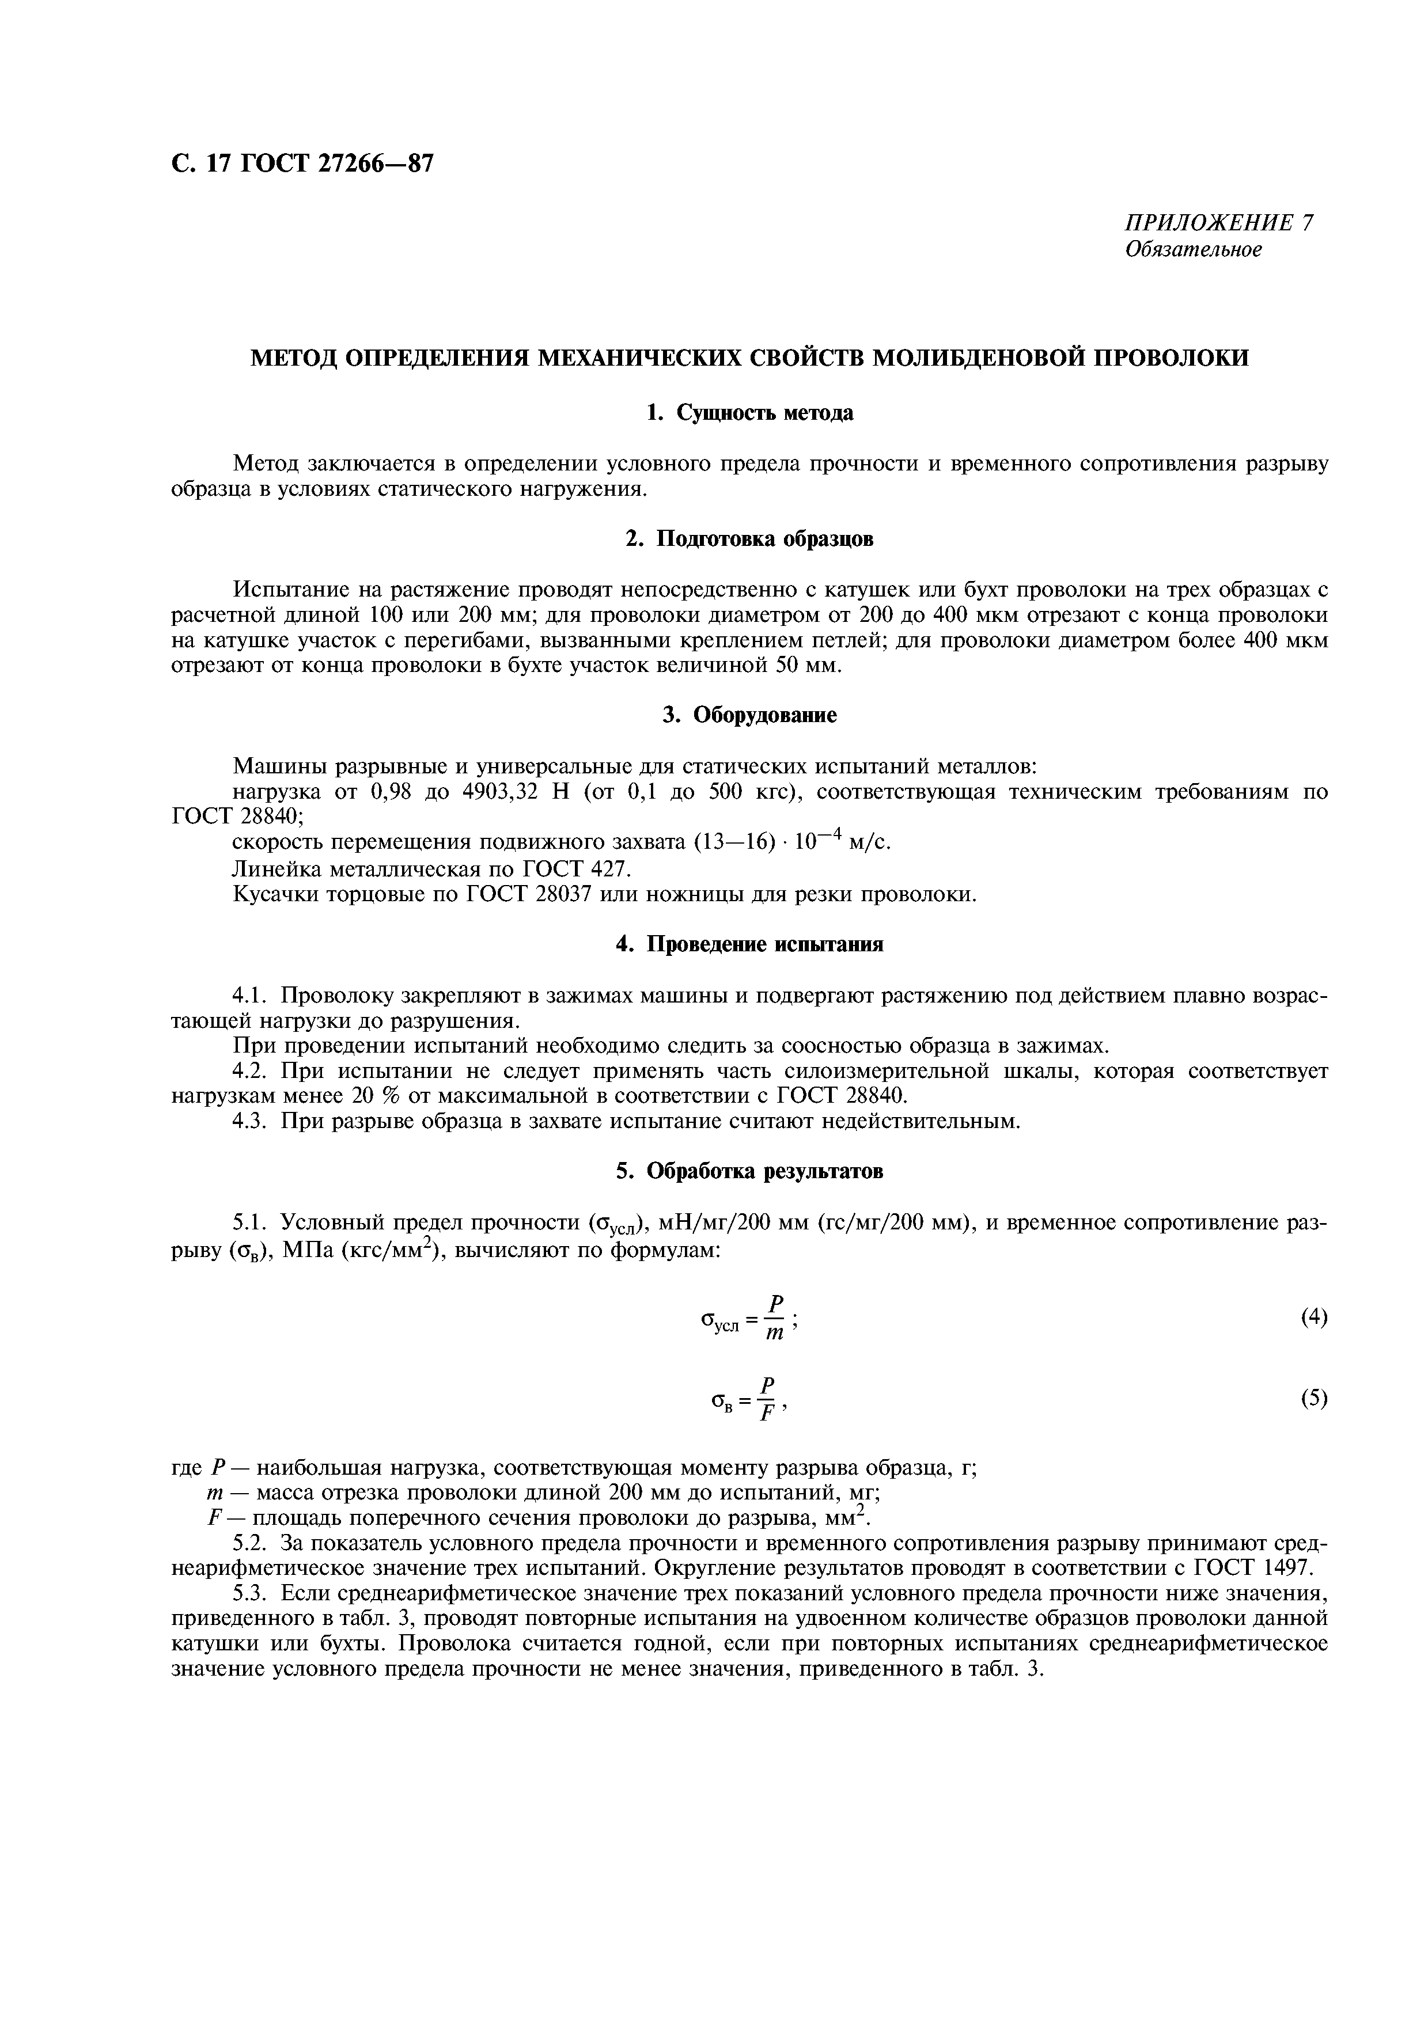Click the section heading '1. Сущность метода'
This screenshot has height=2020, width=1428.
click(x=749, y=413)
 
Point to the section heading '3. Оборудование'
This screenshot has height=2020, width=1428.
click(x=749, y=715)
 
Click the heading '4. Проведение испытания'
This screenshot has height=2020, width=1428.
click(x=749, y=944)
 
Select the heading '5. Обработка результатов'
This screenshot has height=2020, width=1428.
click(x=749, y=1171)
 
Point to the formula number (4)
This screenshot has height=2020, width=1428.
click(x=1313, y=1316)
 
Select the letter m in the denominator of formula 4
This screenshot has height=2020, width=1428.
click(x=774, y=1334)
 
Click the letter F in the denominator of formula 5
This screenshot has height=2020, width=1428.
click(x=767, y=1414)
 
